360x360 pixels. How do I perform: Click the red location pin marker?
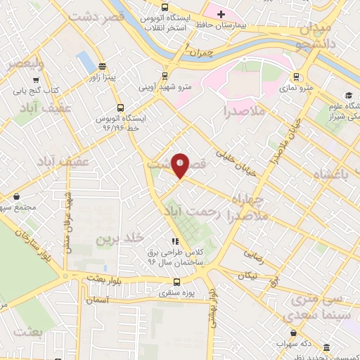click(x=181, y=166)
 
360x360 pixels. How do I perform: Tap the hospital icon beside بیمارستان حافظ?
click(x=220, y=14)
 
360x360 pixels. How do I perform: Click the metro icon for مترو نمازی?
click(x=297, y=77)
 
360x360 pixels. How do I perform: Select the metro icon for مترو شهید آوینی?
click(x=165, y=77)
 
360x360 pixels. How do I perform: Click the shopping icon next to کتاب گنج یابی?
click(x=18, y=91)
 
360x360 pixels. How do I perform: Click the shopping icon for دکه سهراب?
click(x=293, y=333)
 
